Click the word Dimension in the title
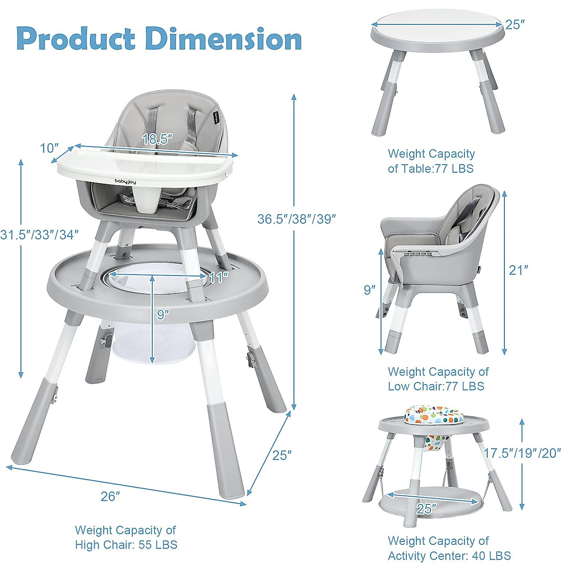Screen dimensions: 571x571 pos(224,39)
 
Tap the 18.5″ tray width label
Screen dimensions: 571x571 pos(157,139)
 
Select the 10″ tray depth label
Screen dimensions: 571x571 pos(49,148)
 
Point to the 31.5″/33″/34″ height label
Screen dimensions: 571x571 pos(39,234)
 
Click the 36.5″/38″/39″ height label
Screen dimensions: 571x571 pos(297,219)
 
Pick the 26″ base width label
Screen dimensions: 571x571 pos(110,496)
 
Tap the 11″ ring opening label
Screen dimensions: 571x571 pos(218,277)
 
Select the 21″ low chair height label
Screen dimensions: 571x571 pos(519,270)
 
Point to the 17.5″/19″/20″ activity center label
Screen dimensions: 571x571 pos(522,453)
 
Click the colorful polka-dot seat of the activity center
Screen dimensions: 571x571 pos(434,415)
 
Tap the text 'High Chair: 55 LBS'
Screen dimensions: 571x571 pos(126,545)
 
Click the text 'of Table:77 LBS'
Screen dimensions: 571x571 pos(431,168)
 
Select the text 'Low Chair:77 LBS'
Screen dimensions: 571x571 pos(436,386)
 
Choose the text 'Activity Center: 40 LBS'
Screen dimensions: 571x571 pos(449,556)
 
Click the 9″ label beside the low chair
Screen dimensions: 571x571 pos(370,290)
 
